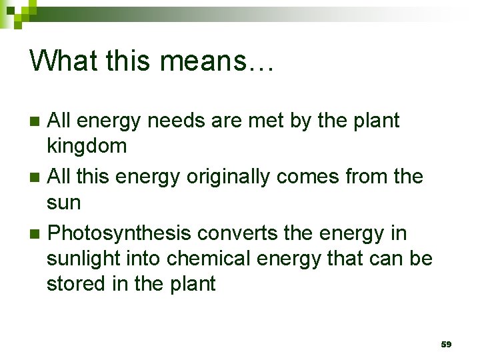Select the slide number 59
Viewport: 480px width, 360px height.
pyautogui.click(x=446, y=344)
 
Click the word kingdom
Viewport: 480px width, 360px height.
pyautogui.click(x=87, y=147)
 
